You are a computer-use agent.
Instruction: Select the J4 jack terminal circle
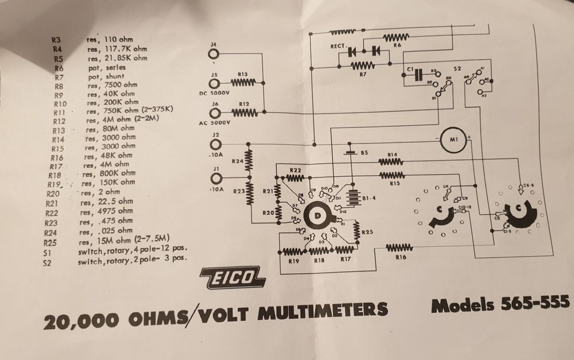point(214,54)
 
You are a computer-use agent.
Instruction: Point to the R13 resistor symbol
point(242,83)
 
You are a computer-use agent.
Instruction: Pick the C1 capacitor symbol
point(418,74)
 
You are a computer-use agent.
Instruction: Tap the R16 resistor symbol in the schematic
point(395,248)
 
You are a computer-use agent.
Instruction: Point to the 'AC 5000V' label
point(215,123)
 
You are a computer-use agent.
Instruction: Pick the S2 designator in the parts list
point(48,264)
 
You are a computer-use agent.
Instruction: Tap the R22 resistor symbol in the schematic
point(296,177)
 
